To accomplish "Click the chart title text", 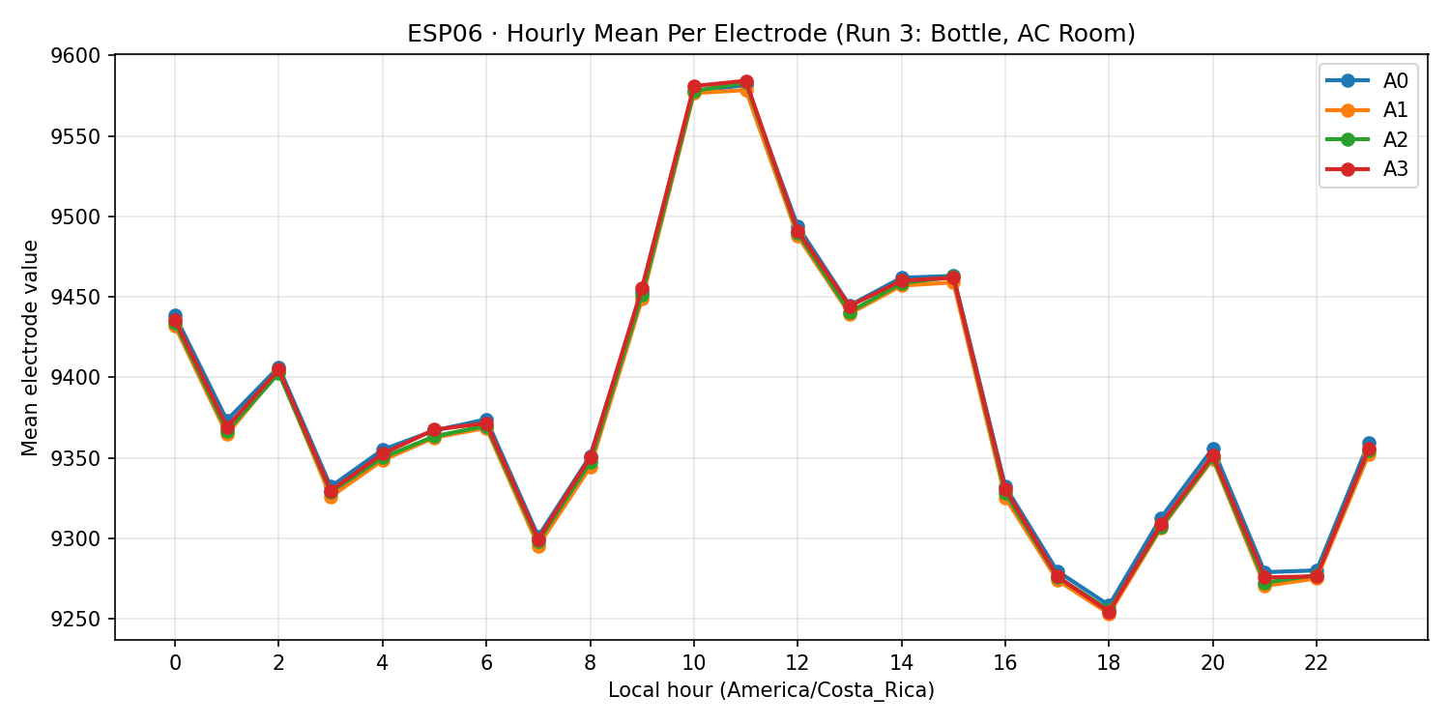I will tap(770, 34).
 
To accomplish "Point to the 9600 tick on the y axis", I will tap(81, 55).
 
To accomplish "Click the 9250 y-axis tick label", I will tap(81, 620).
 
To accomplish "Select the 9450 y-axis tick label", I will tap(81, 297).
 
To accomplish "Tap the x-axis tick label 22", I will tap(1317, 663).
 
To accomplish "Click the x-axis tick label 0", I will tap(175, 663).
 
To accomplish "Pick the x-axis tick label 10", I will tap(694, 663).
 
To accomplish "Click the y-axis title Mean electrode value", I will tap(31, 347).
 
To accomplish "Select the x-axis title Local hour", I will tap(770, 690).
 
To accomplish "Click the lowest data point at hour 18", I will tap(1109, 612).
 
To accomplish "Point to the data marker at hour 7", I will tap(538, 541).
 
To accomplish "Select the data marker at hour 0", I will tap(175, 321).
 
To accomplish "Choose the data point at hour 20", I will tap(1213, 455).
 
